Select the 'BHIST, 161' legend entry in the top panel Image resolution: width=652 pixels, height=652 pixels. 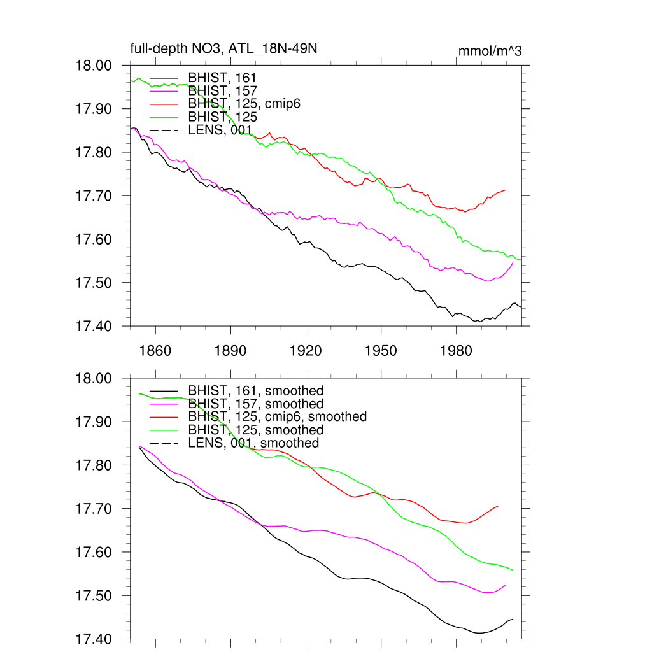[222, 78]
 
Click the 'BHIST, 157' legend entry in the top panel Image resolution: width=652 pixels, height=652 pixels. [222, 91]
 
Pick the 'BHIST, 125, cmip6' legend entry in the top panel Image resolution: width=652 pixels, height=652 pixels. [244, 104]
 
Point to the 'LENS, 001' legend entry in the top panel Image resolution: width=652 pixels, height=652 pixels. [220, 131]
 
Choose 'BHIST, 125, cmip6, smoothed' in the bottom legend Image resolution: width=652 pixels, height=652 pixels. [278, 416]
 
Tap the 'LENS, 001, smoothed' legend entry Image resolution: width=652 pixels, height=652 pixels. [253, 443]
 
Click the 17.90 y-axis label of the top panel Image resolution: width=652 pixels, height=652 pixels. [94, 109]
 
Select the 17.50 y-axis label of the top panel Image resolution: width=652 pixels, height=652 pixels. [94, 283]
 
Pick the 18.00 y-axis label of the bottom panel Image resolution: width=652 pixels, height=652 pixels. [94, 378]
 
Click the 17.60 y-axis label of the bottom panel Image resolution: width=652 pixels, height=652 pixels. [94, 552]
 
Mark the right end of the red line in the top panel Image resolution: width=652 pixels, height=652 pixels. [506, 190]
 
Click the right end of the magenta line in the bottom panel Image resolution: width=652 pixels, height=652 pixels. [506, 585]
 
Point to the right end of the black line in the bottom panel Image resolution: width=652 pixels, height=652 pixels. [513, 619]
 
